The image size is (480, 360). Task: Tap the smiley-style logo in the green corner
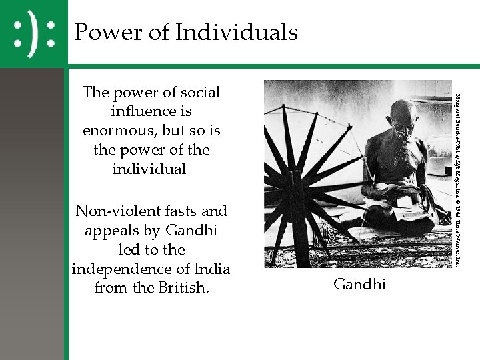point(34,33)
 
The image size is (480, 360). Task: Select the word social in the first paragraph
point(197,92)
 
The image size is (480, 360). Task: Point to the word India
point(211,269)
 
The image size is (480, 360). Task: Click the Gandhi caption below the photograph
point(359,284)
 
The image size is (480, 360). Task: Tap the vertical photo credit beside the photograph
point(459,173)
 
